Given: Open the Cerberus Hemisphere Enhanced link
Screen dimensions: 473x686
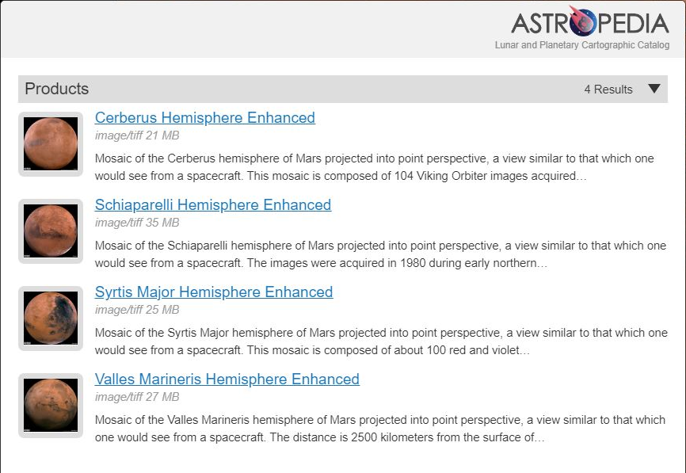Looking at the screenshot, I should click(x=204, y=118).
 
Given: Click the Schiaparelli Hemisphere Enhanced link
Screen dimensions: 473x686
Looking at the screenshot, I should click(x=212, y=205).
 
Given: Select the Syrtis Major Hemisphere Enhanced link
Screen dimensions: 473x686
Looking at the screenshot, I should click(x=213, y=292).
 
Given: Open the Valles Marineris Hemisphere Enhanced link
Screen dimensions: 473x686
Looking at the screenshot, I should click(x=227, y=380).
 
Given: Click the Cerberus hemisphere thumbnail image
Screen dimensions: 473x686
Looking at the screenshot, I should click(x=51, y=144).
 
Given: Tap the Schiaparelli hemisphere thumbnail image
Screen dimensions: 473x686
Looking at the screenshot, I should click(x=51, y=231).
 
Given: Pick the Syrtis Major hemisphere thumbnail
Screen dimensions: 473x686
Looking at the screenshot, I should click(x=51, y=319).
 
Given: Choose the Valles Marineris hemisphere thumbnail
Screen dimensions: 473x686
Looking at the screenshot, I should click(x=51, y=406).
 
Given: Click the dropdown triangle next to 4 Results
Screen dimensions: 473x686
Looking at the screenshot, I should click(x=654, y=89).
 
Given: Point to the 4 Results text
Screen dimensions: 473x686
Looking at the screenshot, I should click(x=608, y=90).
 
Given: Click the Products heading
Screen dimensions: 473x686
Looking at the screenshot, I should click(x=57, y=89).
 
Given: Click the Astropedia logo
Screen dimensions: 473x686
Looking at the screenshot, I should click(x=589, y=23).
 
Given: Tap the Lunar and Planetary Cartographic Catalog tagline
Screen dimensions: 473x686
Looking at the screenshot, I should click(x=582, y=45).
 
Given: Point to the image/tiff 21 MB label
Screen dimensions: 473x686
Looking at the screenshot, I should click(x=137, y=135).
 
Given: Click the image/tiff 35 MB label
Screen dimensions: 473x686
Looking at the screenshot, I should click(x=137, y=223).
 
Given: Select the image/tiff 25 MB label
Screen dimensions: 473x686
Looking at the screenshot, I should click(x=137, y=310).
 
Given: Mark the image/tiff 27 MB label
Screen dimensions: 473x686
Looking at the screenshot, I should click(x=137, y=397).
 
